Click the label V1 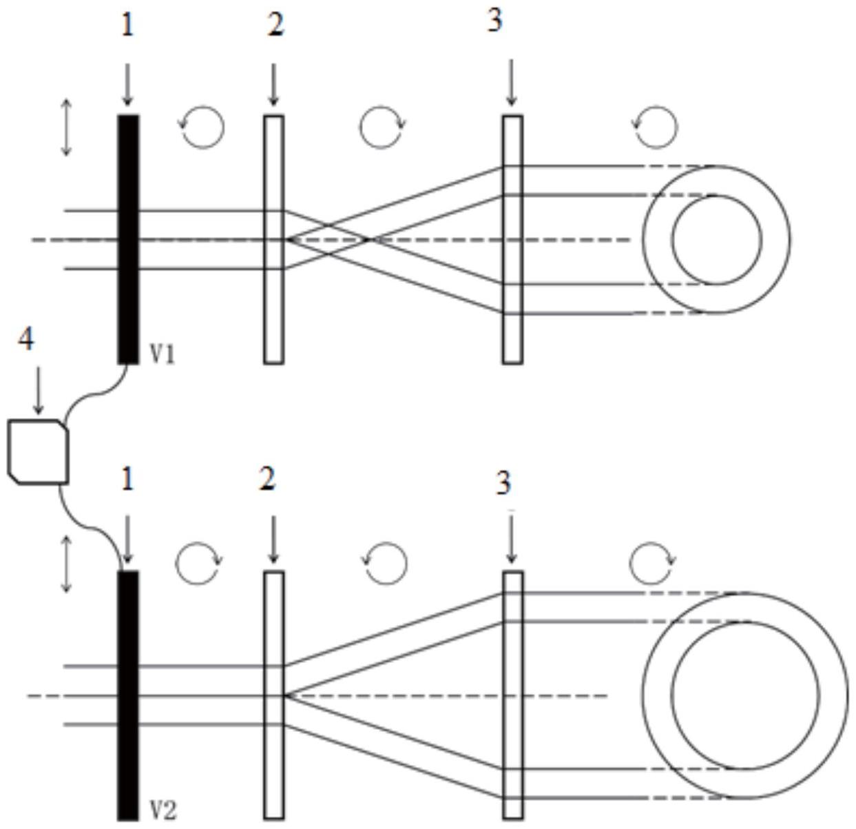(x=163, y=354)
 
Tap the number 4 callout (x=25, y=339)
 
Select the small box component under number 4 (x=39, y=451)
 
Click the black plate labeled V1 (x=127, y=238)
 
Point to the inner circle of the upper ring (x=717, y=240)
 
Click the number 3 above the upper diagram (x=494, y=21)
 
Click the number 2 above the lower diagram (x=267, y=479)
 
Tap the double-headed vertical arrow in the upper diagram (x=66, y=127)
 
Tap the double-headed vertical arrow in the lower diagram (x=66, y=565)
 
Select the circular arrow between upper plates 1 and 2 (x=202, y=127)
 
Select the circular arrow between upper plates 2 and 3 (x=382, y=127)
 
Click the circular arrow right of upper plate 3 (x=656, y=127)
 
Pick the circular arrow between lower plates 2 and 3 (x=385, y=563)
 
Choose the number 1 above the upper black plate (x=127, y=25)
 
